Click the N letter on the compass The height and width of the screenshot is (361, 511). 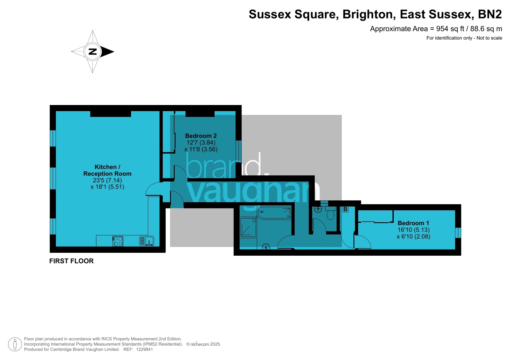pos(93,52)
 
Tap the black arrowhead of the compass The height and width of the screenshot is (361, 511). pos(107,52)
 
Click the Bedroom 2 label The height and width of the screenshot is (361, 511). pos(201,136)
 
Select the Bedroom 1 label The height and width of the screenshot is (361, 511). pos(413,223)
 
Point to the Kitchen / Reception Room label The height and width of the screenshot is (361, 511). pos(107,170)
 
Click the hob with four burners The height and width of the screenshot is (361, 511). pos(118,241)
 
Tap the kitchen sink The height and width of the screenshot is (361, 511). pos(146,241)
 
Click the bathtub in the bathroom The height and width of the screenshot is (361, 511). pos(275,213)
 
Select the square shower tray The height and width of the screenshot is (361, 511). pos(248,227)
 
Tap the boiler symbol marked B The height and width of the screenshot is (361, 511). pos(345,209)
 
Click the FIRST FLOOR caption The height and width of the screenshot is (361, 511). pos(71,261)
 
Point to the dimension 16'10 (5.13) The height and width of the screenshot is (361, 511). pos(414,230)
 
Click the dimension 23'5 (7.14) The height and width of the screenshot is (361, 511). pos(107,180)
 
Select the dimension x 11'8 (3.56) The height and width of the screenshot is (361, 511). pos(201,149)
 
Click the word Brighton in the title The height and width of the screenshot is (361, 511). pos(369,14)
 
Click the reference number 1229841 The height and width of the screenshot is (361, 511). pos(144,350)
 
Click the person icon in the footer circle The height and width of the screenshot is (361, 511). pos(15,344)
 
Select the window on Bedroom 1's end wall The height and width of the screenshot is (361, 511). pos(458,233)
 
